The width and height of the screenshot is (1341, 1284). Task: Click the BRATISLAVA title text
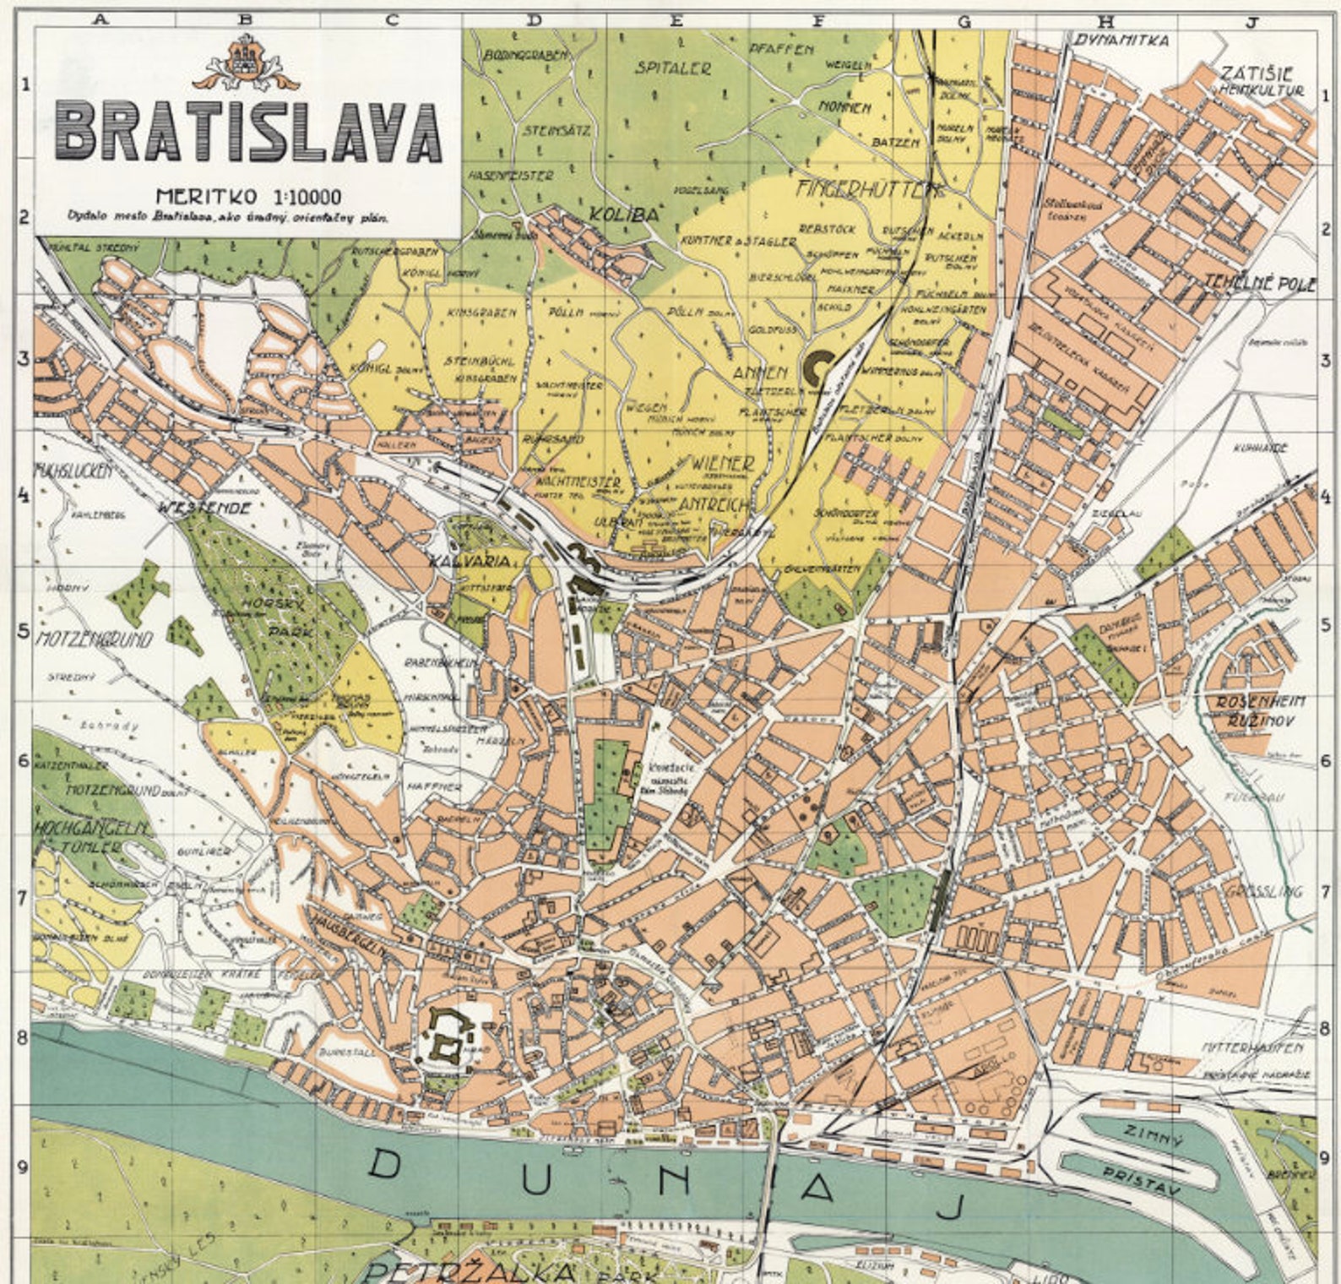coord(248,133)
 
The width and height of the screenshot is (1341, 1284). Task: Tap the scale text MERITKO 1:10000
coord(248,197)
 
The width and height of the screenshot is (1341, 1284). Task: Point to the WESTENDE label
coord(214,509)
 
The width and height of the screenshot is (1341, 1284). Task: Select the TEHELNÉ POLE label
coord(1259,283)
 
